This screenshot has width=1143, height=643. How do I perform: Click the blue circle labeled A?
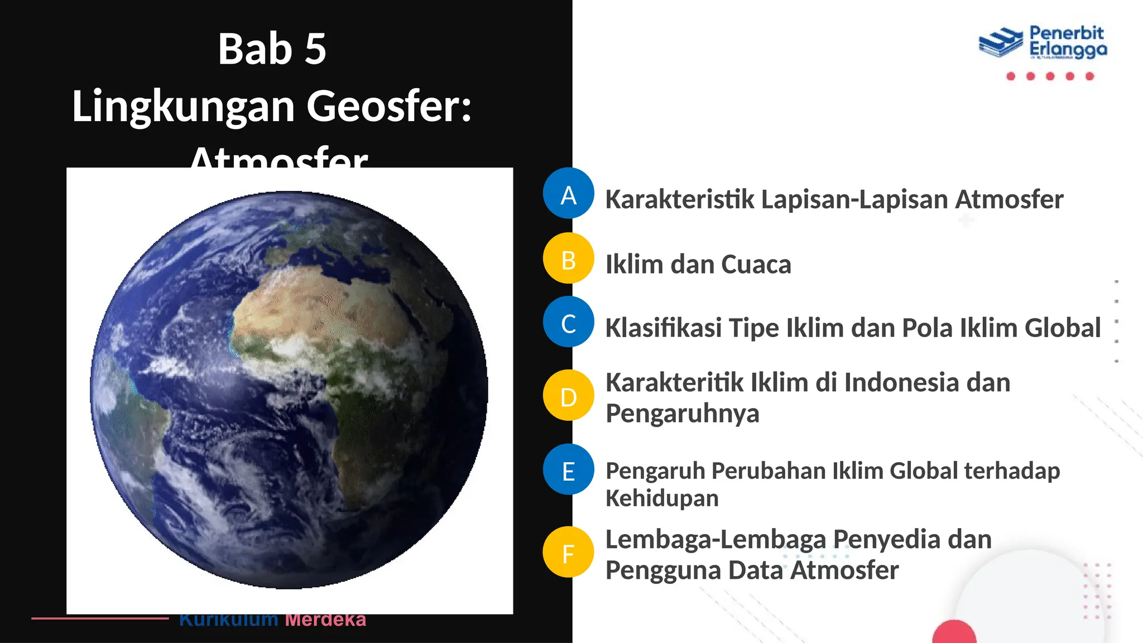pos(568,193)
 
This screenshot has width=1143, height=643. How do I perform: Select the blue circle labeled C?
pos(568,322)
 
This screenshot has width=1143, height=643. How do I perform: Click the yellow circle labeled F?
pos(568,552)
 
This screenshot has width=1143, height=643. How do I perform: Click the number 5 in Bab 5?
pos(315,49)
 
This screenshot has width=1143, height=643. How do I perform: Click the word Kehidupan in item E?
pos(662,498)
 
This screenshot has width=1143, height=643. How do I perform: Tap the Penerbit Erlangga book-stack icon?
pos(1000,42)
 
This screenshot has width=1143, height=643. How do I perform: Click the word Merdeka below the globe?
pos(325,620)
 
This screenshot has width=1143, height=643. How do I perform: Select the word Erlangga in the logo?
pos(1068,50)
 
